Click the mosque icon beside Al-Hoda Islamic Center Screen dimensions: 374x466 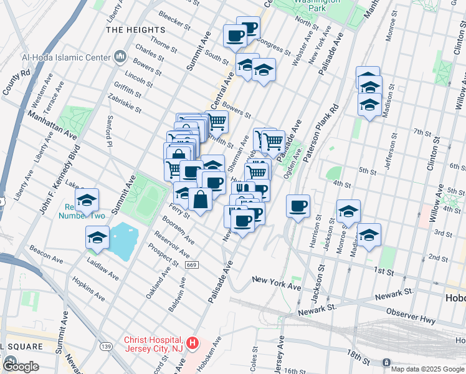point(120,58)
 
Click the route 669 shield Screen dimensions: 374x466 point(191,265)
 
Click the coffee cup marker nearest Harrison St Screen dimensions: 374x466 point(298,206)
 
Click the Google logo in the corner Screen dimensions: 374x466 point(21,367)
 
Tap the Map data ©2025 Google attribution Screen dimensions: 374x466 point(427,368)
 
